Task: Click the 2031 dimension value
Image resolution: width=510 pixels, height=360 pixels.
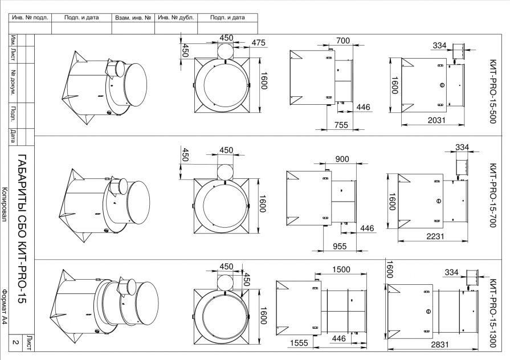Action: pos(436,120)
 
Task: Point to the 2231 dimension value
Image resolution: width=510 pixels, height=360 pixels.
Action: pos(435,236)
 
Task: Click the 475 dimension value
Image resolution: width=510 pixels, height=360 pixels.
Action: pos(259,43)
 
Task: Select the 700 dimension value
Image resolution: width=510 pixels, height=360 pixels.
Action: pos(343,40)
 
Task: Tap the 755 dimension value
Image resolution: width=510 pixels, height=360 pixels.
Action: pos(341,125)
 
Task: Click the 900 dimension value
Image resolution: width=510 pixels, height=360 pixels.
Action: pos(342,159)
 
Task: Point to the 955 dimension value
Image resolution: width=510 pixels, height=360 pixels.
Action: pos(340,246)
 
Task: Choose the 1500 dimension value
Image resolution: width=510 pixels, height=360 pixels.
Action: pos(341,269)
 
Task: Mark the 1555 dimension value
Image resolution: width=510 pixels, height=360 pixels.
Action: pos(299,343)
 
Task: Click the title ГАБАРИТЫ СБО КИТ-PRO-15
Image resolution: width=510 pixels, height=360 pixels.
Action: pos(21,229)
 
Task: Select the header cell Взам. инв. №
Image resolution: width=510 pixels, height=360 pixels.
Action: pos(133,18)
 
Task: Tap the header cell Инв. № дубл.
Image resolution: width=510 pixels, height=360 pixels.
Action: pos(176,18)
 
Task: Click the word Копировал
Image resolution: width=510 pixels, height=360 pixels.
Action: pos(5,204)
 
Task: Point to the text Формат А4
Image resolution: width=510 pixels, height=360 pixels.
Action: pos(5,307)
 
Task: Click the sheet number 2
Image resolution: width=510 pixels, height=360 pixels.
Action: pos(15,342)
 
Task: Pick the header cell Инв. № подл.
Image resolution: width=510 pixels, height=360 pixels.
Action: pos(30,18)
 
